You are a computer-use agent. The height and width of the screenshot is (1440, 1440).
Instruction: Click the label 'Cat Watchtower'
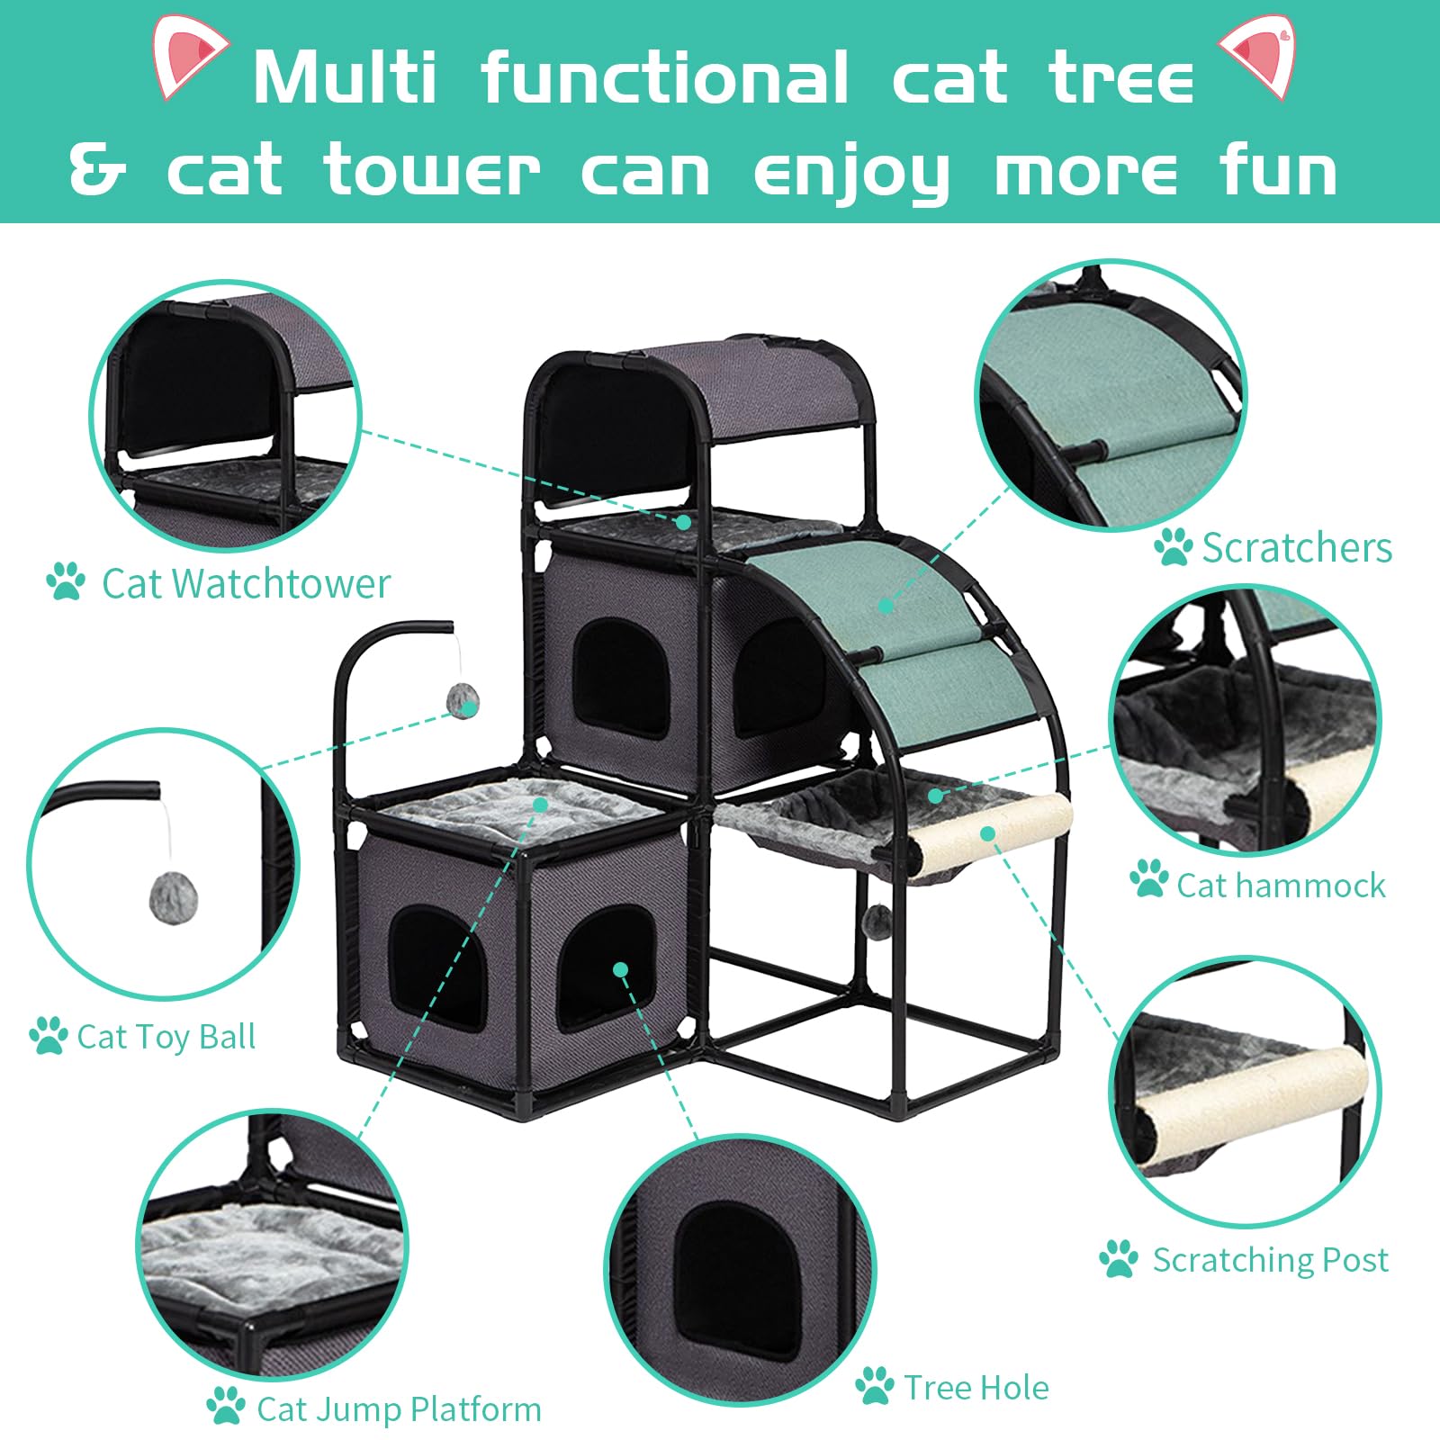[x=246, y=583]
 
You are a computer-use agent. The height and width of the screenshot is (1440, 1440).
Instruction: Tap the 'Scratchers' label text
[x=1297, y=547]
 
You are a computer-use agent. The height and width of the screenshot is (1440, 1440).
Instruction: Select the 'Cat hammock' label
[x=1281, y=886]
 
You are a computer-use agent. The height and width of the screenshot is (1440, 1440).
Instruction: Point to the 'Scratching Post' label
[x=1270, y=1260]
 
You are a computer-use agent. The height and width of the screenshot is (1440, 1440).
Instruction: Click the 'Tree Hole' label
[x=976, y=1388]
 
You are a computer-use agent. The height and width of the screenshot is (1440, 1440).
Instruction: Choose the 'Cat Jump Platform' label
[x=399, y=1409]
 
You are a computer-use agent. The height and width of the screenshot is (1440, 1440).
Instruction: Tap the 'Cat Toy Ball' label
[x=166, y=1037]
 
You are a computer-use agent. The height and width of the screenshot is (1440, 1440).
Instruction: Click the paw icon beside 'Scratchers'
[x=1173, y=546]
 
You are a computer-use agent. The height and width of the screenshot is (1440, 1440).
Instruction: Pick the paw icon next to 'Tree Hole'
[x=874, y=1387]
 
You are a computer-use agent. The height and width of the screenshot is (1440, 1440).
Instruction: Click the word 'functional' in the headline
[x=664, y=78]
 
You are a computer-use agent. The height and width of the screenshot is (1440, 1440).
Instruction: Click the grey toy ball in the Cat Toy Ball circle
[x=174, y=894]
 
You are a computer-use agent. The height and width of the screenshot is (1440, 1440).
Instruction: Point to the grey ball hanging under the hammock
[x=878, y=919]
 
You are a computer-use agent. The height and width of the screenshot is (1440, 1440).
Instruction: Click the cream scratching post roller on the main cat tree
[x=990, y=835]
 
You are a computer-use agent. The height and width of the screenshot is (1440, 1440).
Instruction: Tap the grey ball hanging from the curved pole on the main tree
[x=463, y=700]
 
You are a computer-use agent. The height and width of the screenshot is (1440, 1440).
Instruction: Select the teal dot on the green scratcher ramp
[x=886, y=606]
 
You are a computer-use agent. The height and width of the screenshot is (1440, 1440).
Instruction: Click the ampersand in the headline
[x=97, y=171]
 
